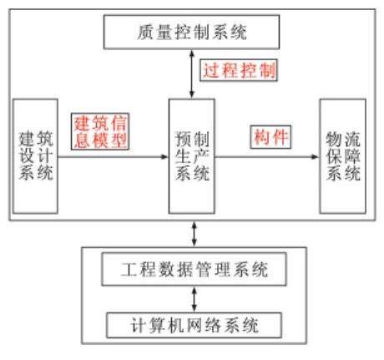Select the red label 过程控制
239,70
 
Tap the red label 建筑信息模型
100,131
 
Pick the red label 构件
270,137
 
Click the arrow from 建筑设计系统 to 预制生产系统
114,157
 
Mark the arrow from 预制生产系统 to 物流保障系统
267,157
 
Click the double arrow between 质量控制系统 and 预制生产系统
192,74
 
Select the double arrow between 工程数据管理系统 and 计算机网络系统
195,299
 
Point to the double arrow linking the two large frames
195,234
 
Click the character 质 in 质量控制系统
145,32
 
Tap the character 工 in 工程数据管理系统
129,269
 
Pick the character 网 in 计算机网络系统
195,325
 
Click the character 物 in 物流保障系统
334,139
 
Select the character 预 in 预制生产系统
183,139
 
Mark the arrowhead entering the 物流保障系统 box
316,157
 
